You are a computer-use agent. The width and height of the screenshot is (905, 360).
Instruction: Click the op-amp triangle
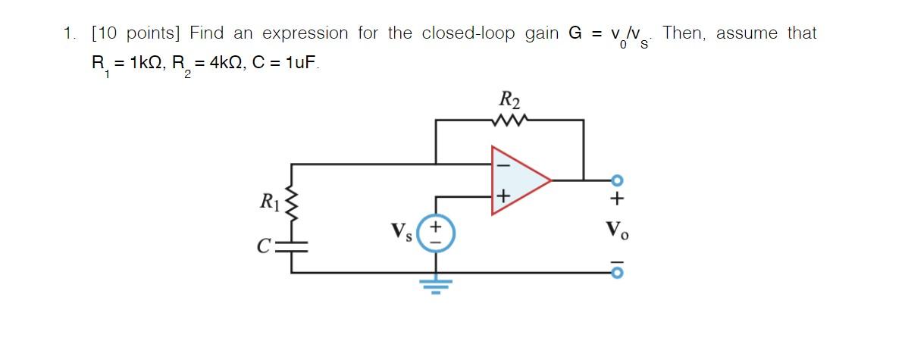519,180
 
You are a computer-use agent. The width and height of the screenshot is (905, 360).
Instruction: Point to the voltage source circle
436,233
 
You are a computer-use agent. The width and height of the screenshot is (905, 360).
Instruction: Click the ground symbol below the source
436,285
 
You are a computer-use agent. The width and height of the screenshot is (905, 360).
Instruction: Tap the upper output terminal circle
617,180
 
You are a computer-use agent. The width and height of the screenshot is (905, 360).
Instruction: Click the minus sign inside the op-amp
501,164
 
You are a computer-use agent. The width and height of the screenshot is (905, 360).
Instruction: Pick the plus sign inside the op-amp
501,197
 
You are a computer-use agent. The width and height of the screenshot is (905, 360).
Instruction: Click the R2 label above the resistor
509,99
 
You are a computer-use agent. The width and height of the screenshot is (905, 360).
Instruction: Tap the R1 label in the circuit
269,202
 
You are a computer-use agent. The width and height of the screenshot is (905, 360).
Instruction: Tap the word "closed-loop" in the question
468,33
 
